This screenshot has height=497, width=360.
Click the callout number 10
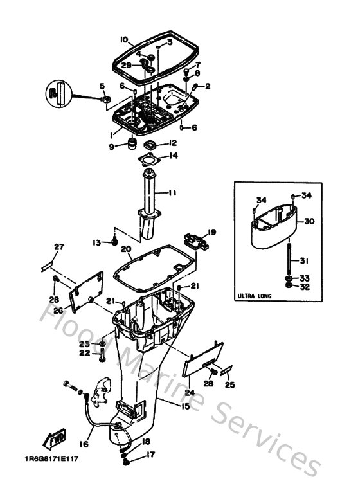[124, 39]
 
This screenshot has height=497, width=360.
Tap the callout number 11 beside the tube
[172, 192]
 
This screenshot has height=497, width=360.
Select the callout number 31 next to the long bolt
[305, 260]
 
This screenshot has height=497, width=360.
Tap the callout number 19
[212, 232]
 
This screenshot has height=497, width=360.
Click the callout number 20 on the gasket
[126, 249]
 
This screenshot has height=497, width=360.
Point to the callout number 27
[59, 247]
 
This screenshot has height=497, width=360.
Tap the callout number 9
[111, 147]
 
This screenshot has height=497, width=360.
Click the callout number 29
[127, 65]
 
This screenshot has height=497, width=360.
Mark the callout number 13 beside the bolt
[96, 242]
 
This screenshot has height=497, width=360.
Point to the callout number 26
[57, 311]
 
